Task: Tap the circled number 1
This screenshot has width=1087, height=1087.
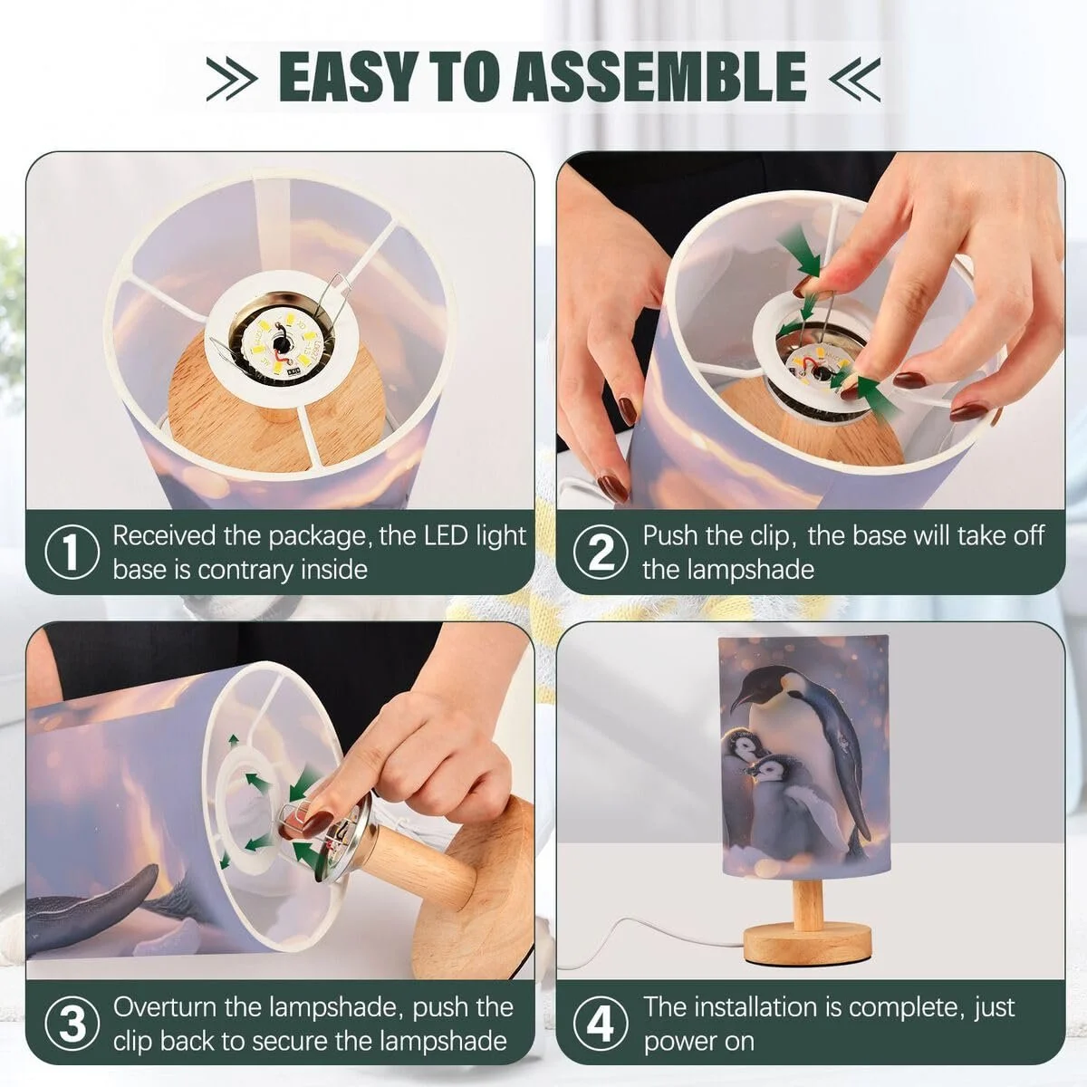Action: coord(72,551)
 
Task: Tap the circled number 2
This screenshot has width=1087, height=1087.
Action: coord(601,551)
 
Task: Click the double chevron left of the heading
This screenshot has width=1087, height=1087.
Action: coord(231,79)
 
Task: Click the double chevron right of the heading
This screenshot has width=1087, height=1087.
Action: coord(854,79)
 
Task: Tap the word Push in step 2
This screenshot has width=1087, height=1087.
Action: coord(670,534)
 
